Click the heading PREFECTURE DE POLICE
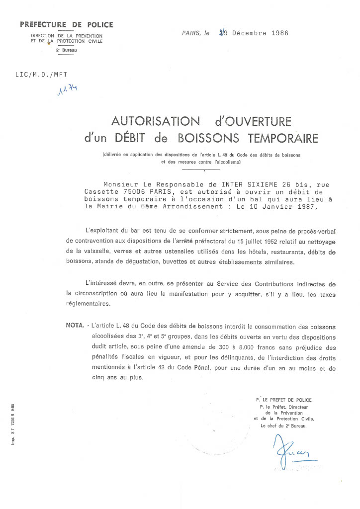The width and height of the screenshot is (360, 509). (67, 24)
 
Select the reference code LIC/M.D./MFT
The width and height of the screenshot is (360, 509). (38, 75)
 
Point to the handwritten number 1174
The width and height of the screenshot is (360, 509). (69, 91)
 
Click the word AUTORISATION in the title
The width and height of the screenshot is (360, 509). (149, 122)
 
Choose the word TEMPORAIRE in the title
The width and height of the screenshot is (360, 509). (280, 138)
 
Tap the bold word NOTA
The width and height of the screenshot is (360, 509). (75, 326)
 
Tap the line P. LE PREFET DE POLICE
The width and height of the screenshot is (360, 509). (283, 400)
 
